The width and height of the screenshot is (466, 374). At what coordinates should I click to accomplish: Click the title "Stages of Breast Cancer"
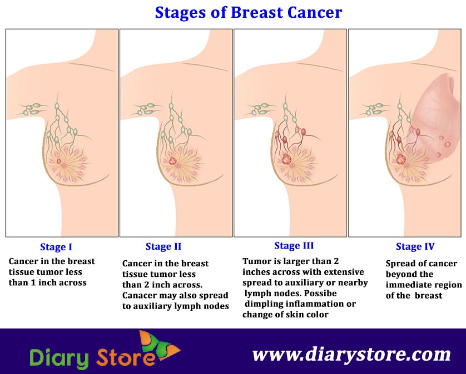pyautogui.click(x=249, y=13)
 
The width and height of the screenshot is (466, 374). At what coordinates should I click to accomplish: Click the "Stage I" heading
pyautogui.click(x=56, y=247)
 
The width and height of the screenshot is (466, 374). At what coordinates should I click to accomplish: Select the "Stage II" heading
pyautogui.click(x=163, y=246)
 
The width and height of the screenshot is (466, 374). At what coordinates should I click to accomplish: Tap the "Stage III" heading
pyautogui.click(x=294, y=245)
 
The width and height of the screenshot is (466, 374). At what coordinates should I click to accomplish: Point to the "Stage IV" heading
pyautogui.click(x=415, y=246)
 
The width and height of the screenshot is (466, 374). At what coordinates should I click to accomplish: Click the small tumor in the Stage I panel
pyautogui.click(x=58, y=161)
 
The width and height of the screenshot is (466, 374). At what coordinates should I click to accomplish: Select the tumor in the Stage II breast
pyautogui.click(x=172, y=161)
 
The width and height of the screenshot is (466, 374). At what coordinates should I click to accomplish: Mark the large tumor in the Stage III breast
pyautogui.click(x=286, y=159)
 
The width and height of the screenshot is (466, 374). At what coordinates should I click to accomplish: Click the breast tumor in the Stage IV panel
pyautogui.click(x=400, y=159)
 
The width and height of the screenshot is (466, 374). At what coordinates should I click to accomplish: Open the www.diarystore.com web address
pyautogui.click(x=351, y=354)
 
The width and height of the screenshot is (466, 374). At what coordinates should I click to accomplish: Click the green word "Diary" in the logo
pyautogui.click(x=60, y=357)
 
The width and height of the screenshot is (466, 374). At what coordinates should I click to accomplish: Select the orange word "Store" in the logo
pyautogui.click(x=126, y=357)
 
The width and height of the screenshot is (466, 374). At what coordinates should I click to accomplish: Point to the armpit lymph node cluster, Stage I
pyautogui.click(x=33, y=109)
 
